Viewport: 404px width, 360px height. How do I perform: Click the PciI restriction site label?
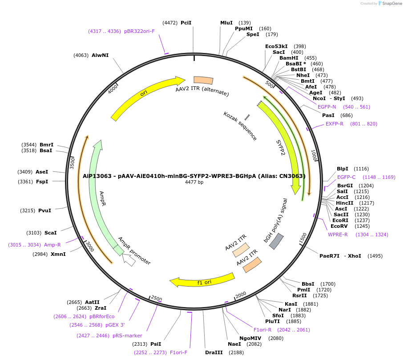[186, 23]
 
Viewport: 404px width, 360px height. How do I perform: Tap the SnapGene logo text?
[392, 3]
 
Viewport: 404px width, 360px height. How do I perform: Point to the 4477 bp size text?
[194, 182]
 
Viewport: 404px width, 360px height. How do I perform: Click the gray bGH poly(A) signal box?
[276, 241]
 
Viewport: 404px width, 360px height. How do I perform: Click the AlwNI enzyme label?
[100, 55]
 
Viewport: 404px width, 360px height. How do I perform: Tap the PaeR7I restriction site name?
[329, 256]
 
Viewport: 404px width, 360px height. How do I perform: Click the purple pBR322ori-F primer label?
[140, 31]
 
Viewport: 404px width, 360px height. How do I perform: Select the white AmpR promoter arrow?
[129, 260]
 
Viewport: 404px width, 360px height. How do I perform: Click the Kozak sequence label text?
[240, 126]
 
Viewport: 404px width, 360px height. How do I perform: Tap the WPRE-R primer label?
[338, 235]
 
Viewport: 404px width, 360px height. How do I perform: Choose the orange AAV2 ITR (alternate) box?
[203, 81]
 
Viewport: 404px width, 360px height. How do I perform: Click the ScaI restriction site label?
[51, 233]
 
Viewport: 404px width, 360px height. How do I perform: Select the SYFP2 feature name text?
[281, 147]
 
